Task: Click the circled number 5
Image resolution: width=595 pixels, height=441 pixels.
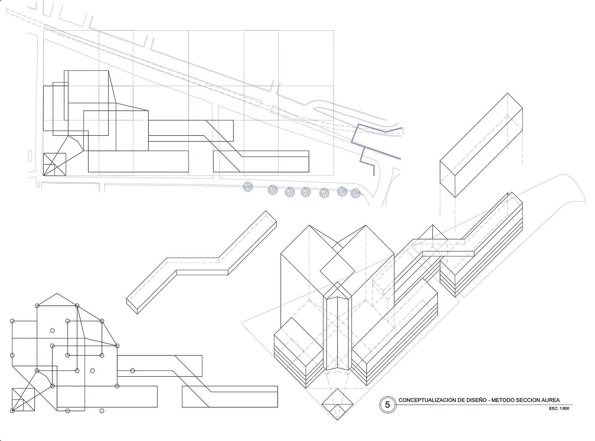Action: pyautogui.click(x=387, y=405)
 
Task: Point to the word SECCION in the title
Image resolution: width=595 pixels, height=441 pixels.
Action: pyautogui.click(x=529, y=400)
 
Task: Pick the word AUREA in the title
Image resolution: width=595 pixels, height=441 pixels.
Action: pyautogui.click(x=551, y=400)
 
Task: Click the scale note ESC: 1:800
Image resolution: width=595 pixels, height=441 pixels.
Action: pyautogui.click(x=559, y=408)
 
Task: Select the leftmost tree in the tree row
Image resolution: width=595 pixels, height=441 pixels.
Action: pyautogui.click(x=248, y=187)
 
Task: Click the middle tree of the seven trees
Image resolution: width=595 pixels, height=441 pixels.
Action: pyautogui.click(x=306, y=192)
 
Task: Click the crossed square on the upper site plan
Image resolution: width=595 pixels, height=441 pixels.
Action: pyautogui.click(x=55, y=164)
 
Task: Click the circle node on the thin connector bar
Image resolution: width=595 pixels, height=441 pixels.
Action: pyautogui.click(x=132, y=371)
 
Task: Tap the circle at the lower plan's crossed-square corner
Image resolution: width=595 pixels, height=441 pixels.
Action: pyautogui.click(x=12, y=411)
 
